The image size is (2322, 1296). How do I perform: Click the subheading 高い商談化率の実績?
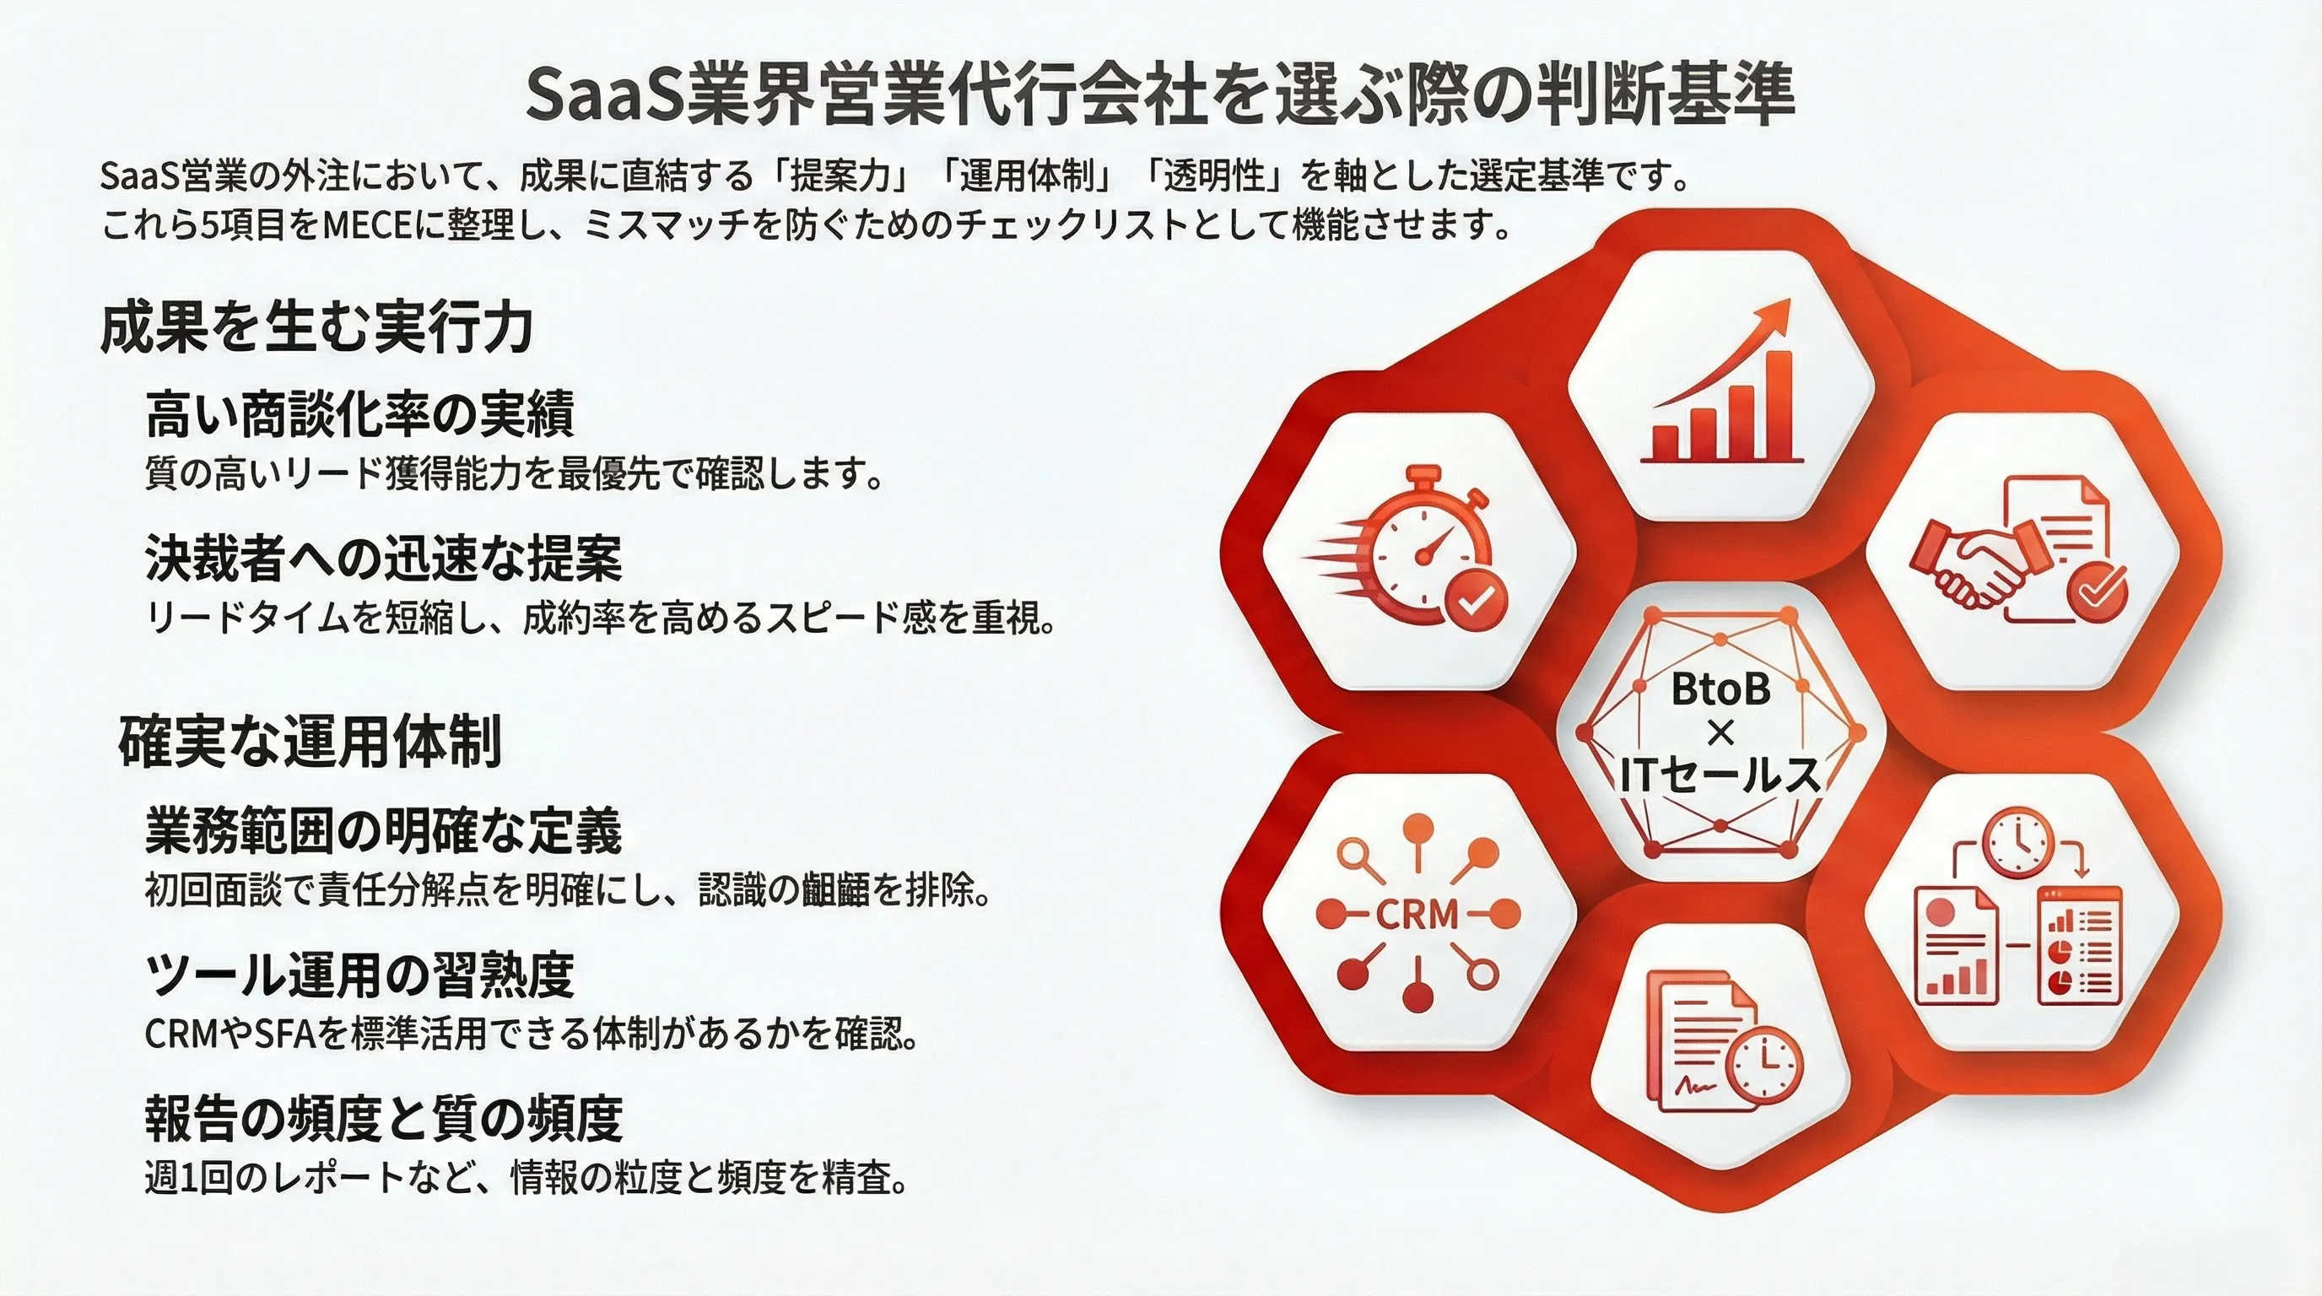pyautogui.click(x=359, y=413)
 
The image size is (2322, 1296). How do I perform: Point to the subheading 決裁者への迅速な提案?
pyautogui.click(x=384, y=558)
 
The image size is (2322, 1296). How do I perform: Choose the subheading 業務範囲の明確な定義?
pyautogui.click(x=384, y=830)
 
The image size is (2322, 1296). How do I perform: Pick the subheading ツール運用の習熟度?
pyautogui.click(x=359, y=975)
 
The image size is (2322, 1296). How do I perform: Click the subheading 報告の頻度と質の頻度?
pyautogui.click(x=384, y=1118)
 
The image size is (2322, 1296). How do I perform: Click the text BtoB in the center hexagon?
pyautogui.click(x=1720, y=689)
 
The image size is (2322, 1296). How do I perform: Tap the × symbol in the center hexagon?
pyautogui.click(x=1720, y=732)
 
